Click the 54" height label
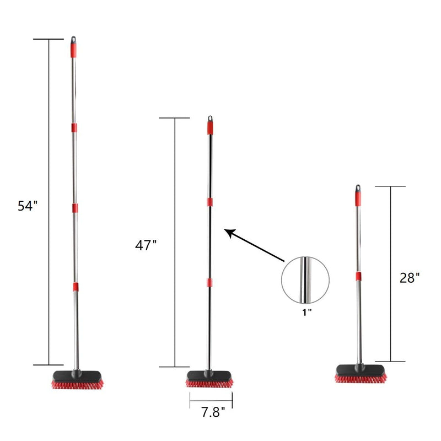click(27, 206)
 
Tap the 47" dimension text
click(146, 245)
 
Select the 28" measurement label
click(410, 278)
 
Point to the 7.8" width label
click(213, 412)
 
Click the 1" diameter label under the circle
click(306, 312)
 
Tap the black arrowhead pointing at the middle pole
click(229, 233)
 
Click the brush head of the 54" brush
click(77, 380)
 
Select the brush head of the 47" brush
click(209, 379)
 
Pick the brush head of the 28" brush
click(361, 374)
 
